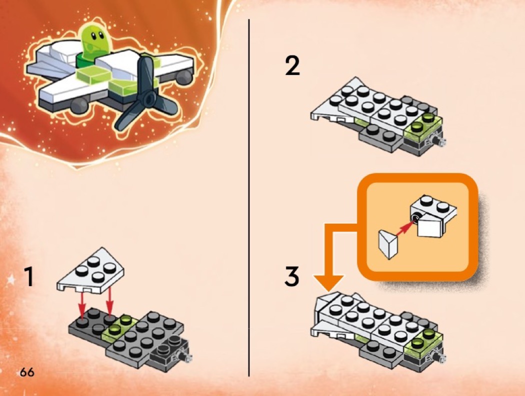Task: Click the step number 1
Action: pos(29,277)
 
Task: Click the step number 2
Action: pos(292,66)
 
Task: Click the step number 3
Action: pos(292,277)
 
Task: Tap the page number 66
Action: pos(27,372)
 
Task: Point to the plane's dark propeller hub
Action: pos(149,98)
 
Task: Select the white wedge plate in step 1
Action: pos(90,271)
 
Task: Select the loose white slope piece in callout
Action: pos(388,244)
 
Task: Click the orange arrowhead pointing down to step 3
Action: pos(329,282)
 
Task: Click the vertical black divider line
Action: pos(249,198)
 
